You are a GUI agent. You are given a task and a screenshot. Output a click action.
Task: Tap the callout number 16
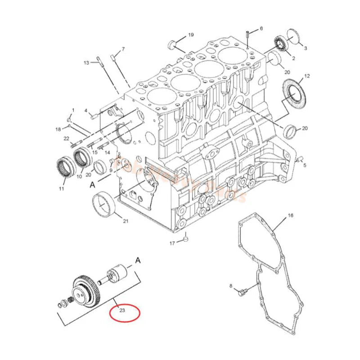coord(290,216)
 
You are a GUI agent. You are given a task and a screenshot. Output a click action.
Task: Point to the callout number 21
coord(126,220)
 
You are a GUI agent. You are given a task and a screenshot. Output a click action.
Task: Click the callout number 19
coord(191,35)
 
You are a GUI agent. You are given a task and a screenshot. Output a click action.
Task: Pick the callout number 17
coord(172,243)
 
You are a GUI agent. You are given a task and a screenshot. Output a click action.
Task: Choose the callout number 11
coord(61,189)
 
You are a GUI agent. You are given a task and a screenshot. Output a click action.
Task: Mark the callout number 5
coord(304,165)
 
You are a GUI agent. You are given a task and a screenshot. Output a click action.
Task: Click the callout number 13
coord(86,63)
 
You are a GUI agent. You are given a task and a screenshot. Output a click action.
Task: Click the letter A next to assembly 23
coord(138,260)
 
